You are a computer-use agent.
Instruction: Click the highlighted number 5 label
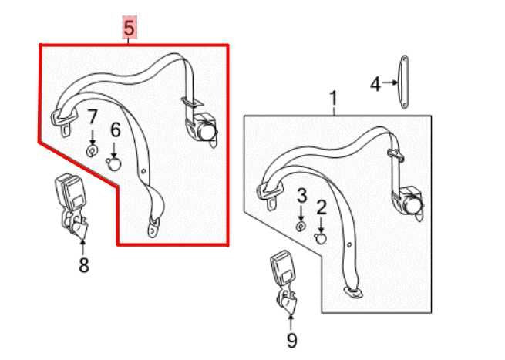[x=129, y=29]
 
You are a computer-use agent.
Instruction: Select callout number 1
[x=334, y=99]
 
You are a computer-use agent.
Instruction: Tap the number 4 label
[x=375, y=83]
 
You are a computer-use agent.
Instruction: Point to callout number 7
[x=93, y=118]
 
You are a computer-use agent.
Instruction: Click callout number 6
[x=115, y=130]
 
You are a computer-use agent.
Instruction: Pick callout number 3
[x=302, y=194]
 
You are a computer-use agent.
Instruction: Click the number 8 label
[x=83, y=265]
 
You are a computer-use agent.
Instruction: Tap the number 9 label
[x=291, y=340]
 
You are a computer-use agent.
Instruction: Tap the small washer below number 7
[x=92, y=151]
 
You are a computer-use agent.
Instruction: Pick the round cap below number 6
[x=115, y=163]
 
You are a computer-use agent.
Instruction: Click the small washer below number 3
[x=302, y=226]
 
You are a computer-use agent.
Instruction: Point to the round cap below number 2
[x=322, y=237]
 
